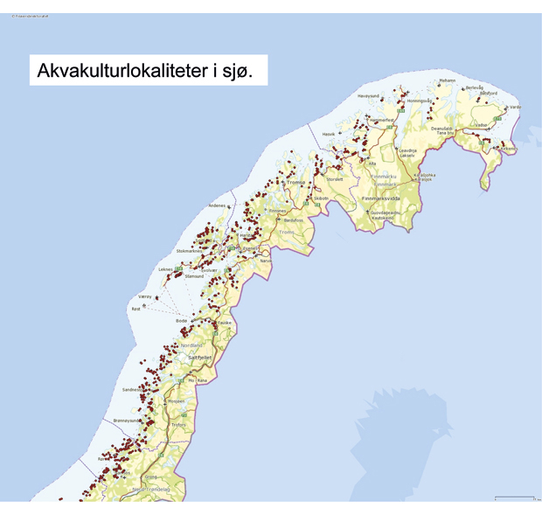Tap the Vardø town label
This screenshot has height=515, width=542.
pos(515,107)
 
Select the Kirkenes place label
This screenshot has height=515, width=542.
pos(506,149)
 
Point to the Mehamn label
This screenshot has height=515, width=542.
pos(448,80)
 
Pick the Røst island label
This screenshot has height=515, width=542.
pos(135,309)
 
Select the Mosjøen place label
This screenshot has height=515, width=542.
pos(177,400)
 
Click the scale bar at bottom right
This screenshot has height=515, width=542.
pos(514,498)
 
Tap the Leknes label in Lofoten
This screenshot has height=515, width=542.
pos(166,268)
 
